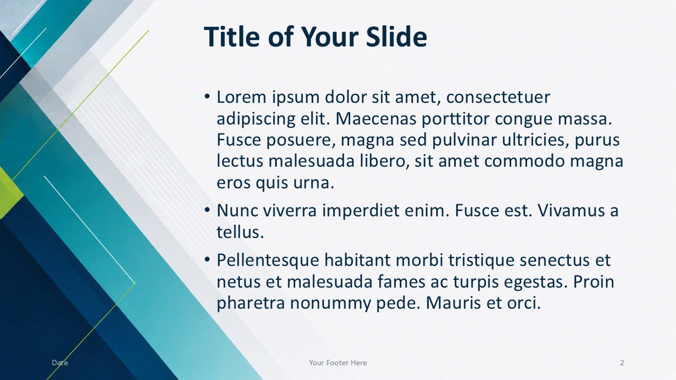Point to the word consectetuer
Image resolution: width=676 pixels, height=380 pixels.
click(x=498, y=98)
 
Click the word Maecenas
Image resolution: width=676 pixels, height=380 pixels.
click(x=375, y=119)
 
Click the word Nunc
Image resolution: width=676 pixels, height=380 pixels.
click(x=237, y=211)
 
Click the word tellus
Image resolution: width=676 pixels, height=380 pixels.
click(x=240, y=232)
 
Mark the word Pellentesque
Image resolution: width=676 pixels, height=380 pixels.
click(x=268, y=261)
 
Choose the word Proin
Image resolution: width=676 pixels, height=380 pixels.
click(x=593, y=282)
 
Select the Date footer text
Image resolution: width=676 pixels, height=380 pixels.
click(x=60, y=363)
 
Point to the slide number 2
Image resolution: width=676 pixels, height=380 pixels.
click(x=622, y=363)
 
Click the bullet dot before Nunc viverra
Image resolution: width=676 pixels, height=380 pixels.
click(x=207, y=210)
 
